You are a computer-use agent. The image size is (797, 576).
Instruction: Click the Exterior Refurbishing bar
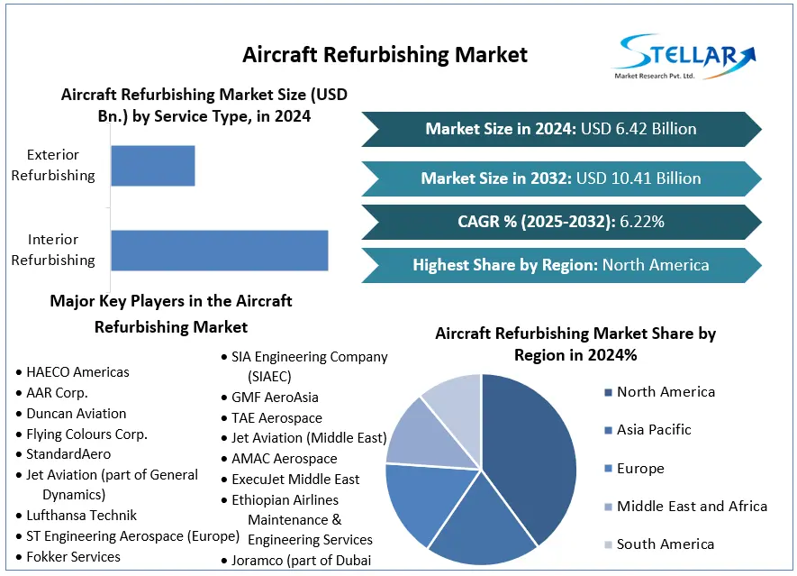tap(152, 166)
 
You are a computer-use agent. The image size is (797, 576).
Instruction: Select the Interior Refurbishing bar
tap(219, 250)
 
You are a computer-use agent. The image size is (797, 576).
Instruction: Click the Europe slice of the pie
tap(421, 500)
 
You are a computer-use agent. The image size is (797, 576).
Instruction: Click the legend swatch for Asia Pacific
tap(608, 430)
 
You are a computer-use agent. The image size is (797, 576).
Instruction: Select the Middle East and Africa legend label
tap(692, 507)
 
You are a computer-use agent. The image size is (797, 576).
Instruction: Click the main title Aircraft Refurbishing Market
tap(385, 54)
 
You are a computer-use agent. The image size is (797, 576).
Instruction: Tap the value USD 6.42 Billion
tap(639, 129)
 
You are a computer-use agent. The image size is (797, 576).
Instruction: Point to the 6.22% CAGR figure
tap(642, 221)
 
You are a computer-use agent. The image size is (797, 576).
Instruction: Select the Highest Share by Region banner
tap(560, 265)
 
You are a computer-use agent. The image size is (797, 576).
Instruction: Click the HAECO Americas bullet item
tap(77, 371)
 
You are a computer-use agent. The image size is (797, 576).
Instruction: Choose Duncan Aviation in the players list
tap(76, 413)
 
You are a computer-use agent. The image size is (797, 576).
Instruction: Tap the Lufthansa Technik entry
tap(81, 516)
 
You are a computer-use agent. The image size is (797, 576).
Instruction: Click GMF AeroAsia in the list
tap(275, 397)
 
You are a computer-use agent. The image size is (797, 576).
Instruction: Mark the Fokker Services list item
tap(73, 557)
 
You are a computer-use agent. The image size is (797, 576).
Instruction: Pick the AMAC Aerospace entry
tap(284, 459)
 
